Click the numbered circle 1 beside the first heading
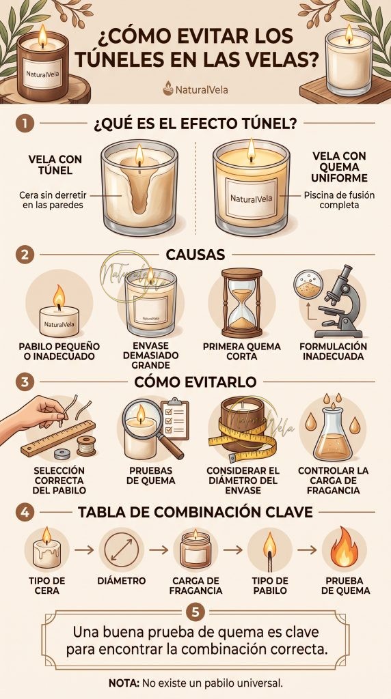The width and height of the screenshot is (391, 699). tap(25, 124)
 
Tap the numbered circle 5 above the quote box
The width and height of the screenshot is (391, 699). tap(195, 612)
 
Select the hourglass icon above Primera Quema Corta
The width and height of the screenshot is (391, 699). tap(242, 302)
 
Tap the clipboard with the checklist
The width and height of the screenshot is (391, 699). tap(174, 418)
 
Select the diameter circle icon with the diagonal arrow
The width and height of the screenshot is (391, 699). tap(122, 550)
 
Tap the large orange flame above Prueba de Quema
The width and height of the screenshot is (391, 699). tap(344, 547)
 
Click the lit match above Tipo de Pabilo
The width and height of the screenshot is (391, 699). tap(269, 552)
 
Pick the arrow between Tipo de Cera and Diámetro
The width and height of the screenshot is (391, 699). tap(84, 550)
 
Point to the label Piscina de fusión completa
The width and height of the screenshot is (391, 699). tap(339, 200)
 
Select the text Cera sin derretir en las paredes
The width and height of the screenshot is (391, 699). tap(53, 200)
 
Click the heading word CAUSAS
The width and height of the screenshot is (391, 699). tap(195, 255)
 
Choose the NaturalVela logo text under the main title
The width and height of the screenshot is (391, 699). tap(201, 89)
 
